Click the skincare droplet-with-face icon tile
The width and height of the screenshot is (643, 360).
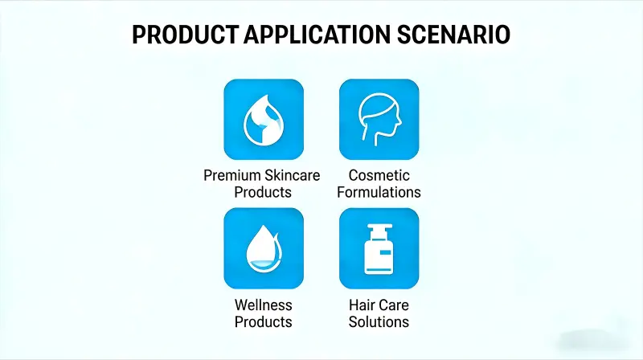pos(264,118)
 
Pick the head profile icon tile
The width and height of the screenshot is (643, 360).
pos(379,118)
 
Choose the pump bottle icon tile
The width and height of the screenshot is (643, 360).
pos(379,247)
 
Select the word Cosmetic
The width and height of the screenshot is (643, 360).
pos(379,175)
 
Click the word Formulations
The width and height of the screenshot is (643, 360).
pos(379,192)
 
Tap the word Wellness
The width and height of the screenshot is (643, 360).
pos(264,305)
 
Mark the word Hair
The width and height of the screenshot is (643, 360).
pos(362,305)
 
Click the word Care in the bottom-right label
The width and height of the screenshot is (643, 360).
pos(394,305)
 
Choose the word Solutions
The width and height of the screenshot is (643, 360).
pos(379,322)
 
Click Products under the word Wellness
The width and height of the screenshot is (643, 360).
pos(264,322)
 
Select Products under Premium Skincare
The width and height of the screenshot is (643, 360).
pos(264,192)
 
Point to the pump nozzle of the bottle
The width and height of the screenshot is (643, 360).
pos(377,229)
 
